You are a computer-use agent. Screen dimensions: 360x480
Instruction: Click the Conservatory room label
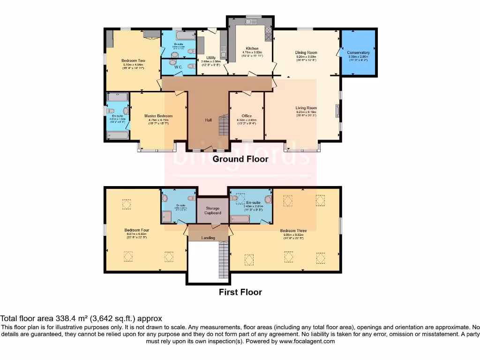358,52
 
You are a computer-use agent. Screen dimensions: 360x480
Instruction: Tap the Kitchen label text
252,48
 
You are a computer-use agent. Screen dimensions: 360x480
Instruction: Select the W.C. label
178,67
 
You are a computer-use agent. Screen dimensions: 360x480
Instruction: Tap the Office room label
247,116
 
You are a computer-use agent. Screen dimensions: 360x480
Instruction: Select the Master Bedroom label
158,116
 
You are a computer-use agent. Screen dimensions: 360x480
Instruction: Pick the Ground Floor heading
240,159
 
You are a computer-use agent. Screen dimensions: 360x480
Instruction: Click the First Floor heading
240,292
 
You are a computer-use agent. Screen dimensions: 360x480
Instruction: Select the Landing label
208,238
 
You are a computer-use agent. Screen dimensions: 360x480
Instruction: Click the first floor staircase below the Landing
224,260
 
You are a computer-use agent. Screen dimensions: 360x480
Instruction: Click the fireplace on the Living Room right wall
338,112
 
